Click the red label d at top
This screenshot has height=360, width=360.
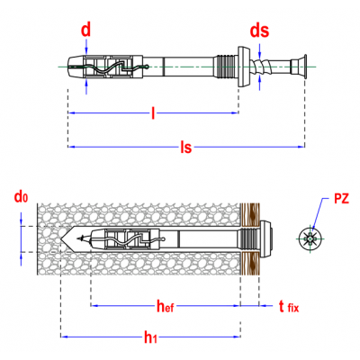coord(86,31)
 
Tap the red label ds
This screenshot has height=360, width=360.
coord(260,31)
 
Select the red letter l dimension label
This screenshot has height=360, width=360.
coord(153,113)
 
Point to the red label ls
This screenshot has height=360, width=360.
coord(186,148)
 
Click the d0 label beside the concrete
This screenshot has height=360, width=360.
coord(21,197)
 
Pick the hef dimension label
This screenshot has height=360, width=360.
coord(166,306)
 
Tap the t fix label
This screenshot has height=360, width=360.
coord(289,307)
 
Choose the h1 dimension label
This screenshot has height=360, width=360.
coord(150,337)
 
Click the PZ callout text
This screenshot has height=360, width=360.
coord(341,199)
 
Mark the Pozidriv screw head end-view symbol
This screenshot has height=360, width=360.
coord(310,239)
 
